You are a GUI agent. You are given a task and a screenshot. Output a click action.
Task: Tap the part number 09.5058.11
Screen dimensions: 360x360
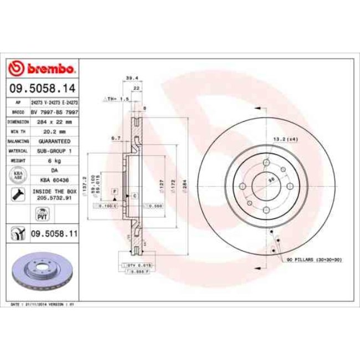coord(53,235)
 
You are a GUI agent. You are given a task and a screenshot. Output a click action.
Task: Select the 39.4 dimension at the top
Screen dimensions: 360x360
coord(132,78)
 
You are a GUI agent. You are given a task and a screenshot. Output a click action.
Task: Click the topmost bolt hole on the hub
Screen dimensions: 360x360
coord(265,163)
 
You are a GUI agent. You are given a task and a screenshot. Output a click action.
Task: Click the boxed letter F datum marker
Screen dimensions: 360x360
coord(114,191)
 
